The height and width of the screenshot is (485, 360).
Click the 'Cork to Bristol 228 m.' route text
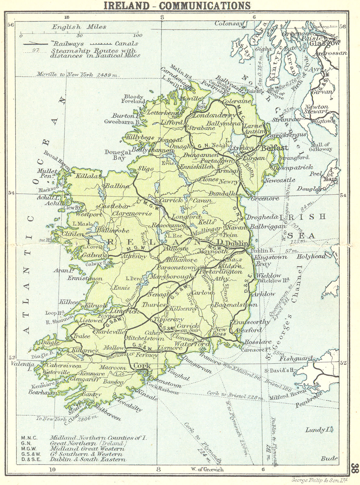tap(235, 395)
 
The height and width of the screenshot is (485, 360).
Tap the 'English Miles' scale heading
tap(79, 27)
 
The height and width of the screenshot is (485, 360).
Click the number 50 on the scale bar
tap(79, 36)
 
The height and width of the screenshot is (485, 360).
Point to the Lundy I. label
tap(323, 430)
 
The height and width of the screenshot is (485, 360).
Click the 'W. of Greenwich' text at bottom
tap(207, 470)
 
